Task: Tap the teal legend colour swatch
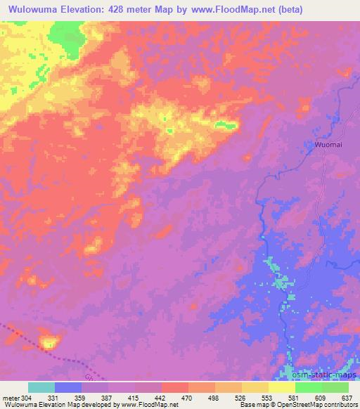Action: [41, 387]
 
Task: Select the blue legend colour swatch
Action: [68, 387]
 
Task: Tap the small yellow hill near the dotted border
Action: [49, 343]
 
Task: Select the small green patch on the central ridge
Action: [225, 125]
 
